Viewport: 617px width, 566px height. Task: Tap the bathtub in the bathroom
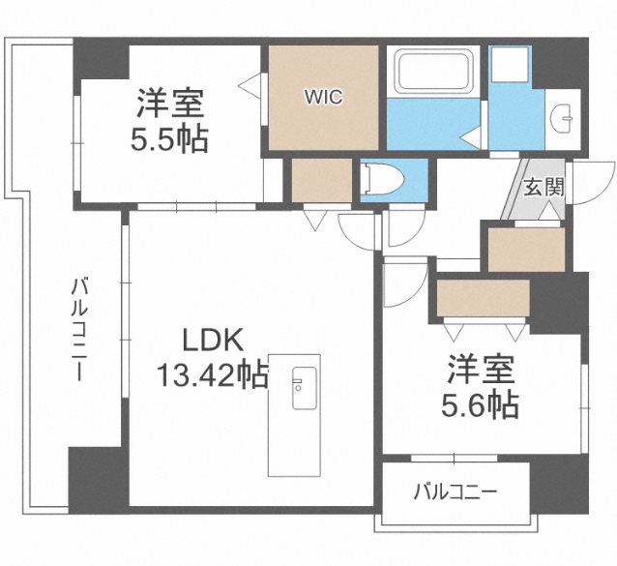[431, 72]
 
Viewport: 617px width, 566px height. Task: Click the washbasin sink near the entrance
[560, 118]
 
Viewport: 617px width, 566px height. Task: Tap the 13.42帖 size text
[213, 372]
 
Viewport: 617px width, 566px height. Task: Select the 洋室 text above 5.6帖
[482, 368]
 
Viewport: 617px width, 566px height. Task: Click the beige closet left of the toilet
[322, 179]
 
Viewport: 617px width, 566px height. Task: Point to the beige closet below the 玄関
[526, 250]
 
